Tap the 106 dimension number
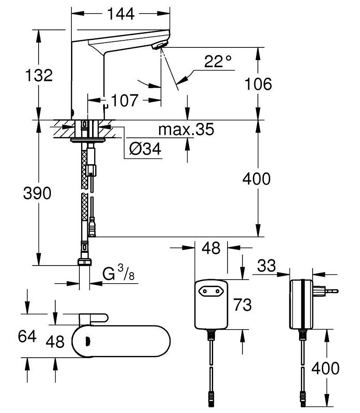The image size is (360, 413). pyautogui.click(x=257, y=84)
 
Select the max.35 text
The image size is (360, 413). pyautogui.click(x=186, y=129)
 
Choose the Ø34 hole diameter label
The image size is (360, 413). pyautogui.click(x=145, y=150)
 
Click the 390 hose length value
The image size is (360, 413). pyautogui.click(x=37, y=193)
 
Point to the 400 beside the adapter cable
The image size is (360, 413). pyautogui.click(x=325, y=368)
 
